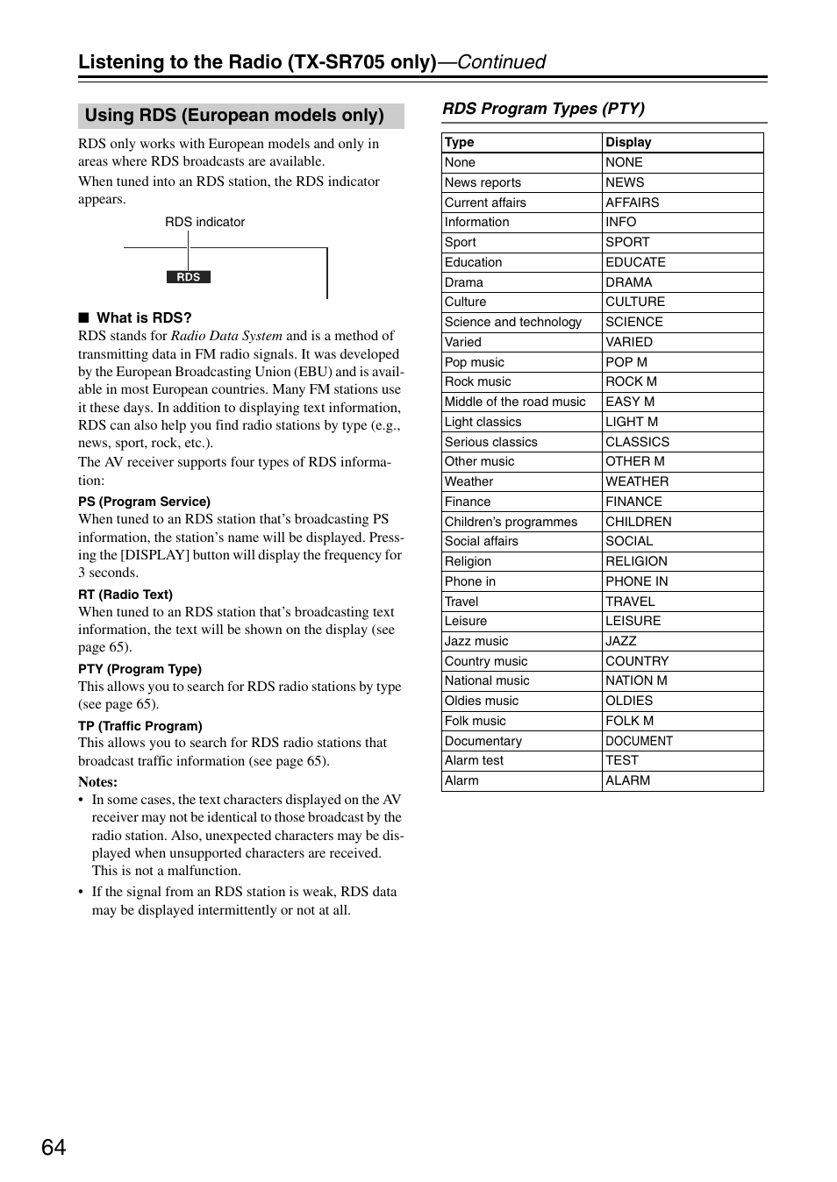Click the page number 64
[x=54, y=1147]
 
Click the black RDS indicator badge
[x=189, y=277]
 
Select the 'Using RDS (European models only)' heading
[x=234, y=116]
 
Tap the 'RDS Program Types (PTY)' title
[x=543, y=109]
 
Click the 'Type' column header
[x=460, y=142]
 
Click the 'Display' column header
[x=628, y=142]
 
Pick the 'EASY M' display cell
[x=630, y=402]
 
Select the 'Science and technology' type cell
[x=512, y=322]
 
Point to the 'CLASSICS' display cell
[x=637, y=442]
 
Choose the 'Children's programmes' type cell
[x=511, y=522]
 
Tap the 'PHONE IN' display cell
[x=636, y=581]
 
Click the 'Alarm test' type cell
[x=474, y=760]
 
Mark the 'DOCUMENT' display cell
[x=639, y=741]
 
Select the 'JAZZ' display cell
[x=620, y=641]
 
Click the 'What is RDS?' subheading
[x=144, y=317]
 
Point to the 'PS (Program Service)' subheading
[x=144, y=502]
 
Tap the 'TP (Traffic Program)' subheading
[x=140, y=726]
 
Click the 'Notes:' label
[x=97, y=781]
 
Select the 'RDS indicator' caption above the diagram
[x=204, y=222]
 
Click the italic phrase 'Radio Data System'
[x=226, y=336]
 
